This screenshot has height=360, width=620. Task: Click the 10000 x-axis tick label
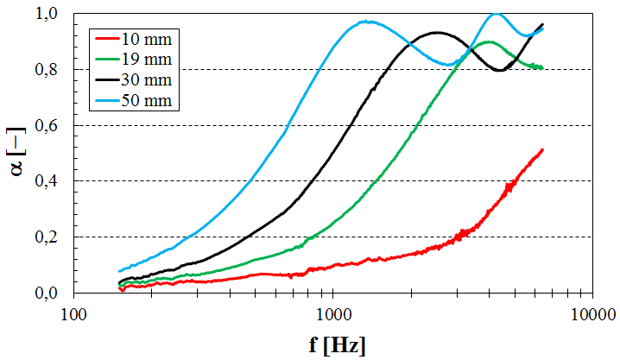click(592, 312)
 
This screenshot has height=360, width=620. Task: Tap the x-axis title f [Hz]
click(337, 345)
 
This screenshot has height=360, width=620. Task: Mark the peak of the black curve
click(438, 33)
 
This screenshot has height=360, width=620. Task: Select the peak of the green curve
click(489, 41)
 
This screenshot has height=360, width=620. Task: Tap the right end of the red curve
click(542, 149)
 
